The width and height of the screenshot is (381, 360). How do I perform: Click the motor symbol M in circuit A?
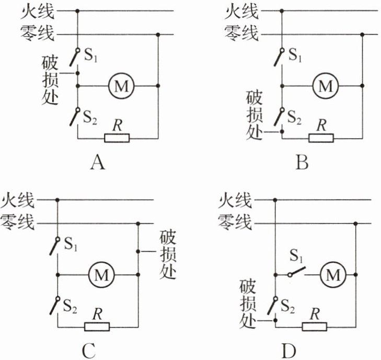121,85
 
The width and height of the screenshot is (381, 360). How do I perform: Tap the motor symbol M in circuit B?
325,85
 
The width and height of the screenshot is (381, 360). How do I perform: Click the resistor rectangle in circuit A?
117,138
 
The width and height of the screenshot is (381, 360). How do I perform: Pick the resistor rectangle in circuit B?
320,138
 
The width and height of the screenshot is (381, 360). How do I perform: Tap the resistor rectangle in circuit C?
97,327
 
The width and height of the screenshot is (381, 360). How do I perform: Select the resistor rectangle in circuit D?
314,327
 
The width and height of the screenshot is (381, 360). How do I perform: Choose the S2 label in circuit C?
70,306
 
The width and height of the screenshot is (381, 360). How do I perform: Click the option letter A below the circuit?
98,163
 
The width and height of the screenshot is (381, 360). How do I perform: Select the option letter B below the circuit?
302,163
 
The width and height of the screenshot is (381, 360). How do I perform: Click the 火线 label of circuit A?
37,10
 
